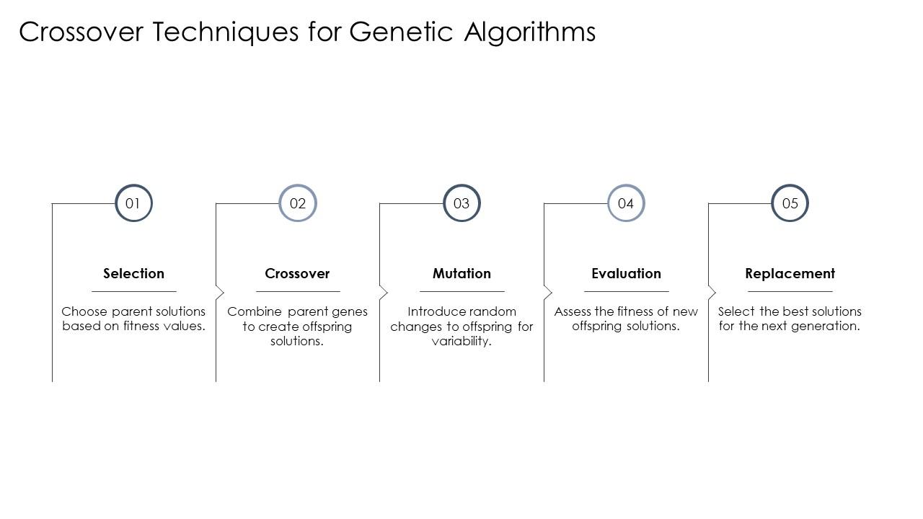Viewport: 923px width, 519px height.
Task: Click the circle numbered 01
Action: click(133, 203)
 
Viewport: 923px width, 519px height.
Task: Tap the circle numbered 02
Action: click(298, 203)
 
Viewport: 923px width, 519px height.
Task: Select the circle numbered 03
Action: click(461, 203)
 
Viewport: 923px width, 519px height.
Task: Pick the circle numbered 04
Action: click(626, 203)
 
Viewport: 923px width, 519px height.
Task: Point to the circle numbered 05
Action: click(790, 203)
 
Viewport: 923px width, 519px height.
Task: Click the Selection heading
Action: click(133, 273)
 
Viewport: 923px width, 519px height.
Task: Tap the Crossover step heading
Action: click(297, 273)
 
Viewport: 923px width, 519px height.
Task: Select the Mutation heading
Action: click(461, 273)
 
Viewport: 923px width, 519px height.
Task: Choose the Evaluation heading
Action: click(626, 273)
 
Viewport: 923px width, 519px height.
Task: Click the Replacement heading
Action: click(790, 273)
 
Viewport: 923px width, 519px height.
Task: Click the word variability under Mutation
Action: click(461, 342)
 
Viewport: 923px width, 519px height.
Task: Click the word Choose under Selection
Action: click(84, 311)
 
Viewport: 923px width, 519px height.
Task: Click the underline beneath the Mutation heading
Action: click(461, 291)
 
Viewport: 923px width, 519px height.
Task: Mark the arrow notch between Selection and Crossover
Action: click(220, 292)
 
